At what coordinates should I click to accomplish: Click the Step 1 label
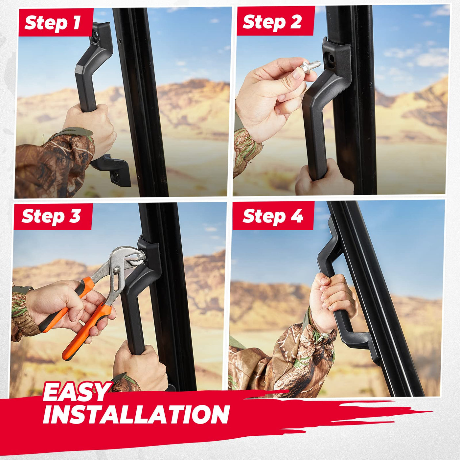point(53,23)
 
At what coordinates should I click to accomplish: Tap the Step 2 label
point(272,22)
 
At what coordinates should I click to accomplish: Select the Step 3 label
point(51,216)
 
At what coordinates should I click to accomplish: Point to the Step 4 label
point(273,217)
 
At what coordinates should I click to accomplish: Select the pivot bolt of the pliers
point(117,270)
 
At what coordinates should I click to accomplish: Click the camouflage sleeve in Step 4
point(282,358)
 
